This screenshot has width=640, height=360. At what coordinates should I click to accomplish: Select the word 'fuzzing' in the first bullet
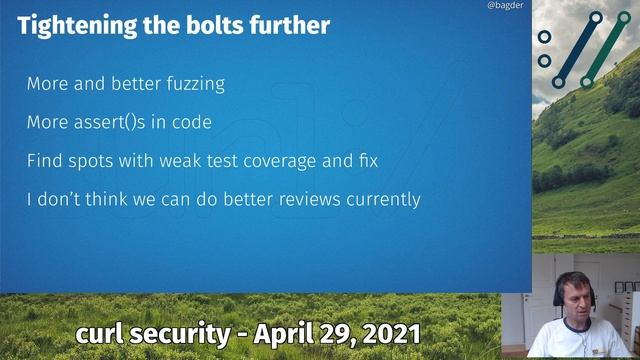pyautogui.click(x=194, y=85)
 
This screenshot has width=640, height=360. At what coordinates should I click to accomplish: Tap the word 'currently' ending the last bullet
pyautogui.click(x=383, y=199)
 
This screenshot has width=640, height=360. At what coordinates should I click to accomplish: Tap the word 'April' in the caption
pyautogui.click(x=285, y=333)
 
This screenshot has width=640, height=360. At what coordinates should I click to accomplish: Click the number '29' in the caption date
pyautogui.click(x=333, y=333)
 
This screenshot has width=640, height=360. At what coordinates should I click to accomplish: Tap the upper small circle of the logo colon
pyautogui.click(x=544, y=37)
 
